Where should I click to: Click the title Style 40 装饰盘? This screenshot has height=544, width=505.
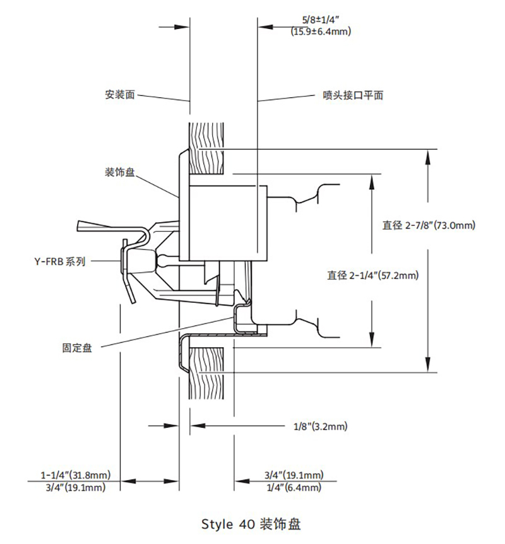252,524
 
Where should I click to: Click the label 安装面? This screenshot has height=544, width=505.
120,96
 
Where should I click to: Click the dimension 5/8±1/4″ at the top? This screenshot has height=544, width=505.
321,20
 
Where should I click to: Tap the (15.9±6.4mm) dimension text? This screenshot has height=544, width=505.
321,31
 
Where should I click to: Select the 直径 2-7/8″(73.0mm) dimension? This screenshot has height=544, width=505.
429,225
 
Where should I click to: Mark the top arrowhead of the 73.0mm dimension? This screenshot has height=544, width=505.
429,155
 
